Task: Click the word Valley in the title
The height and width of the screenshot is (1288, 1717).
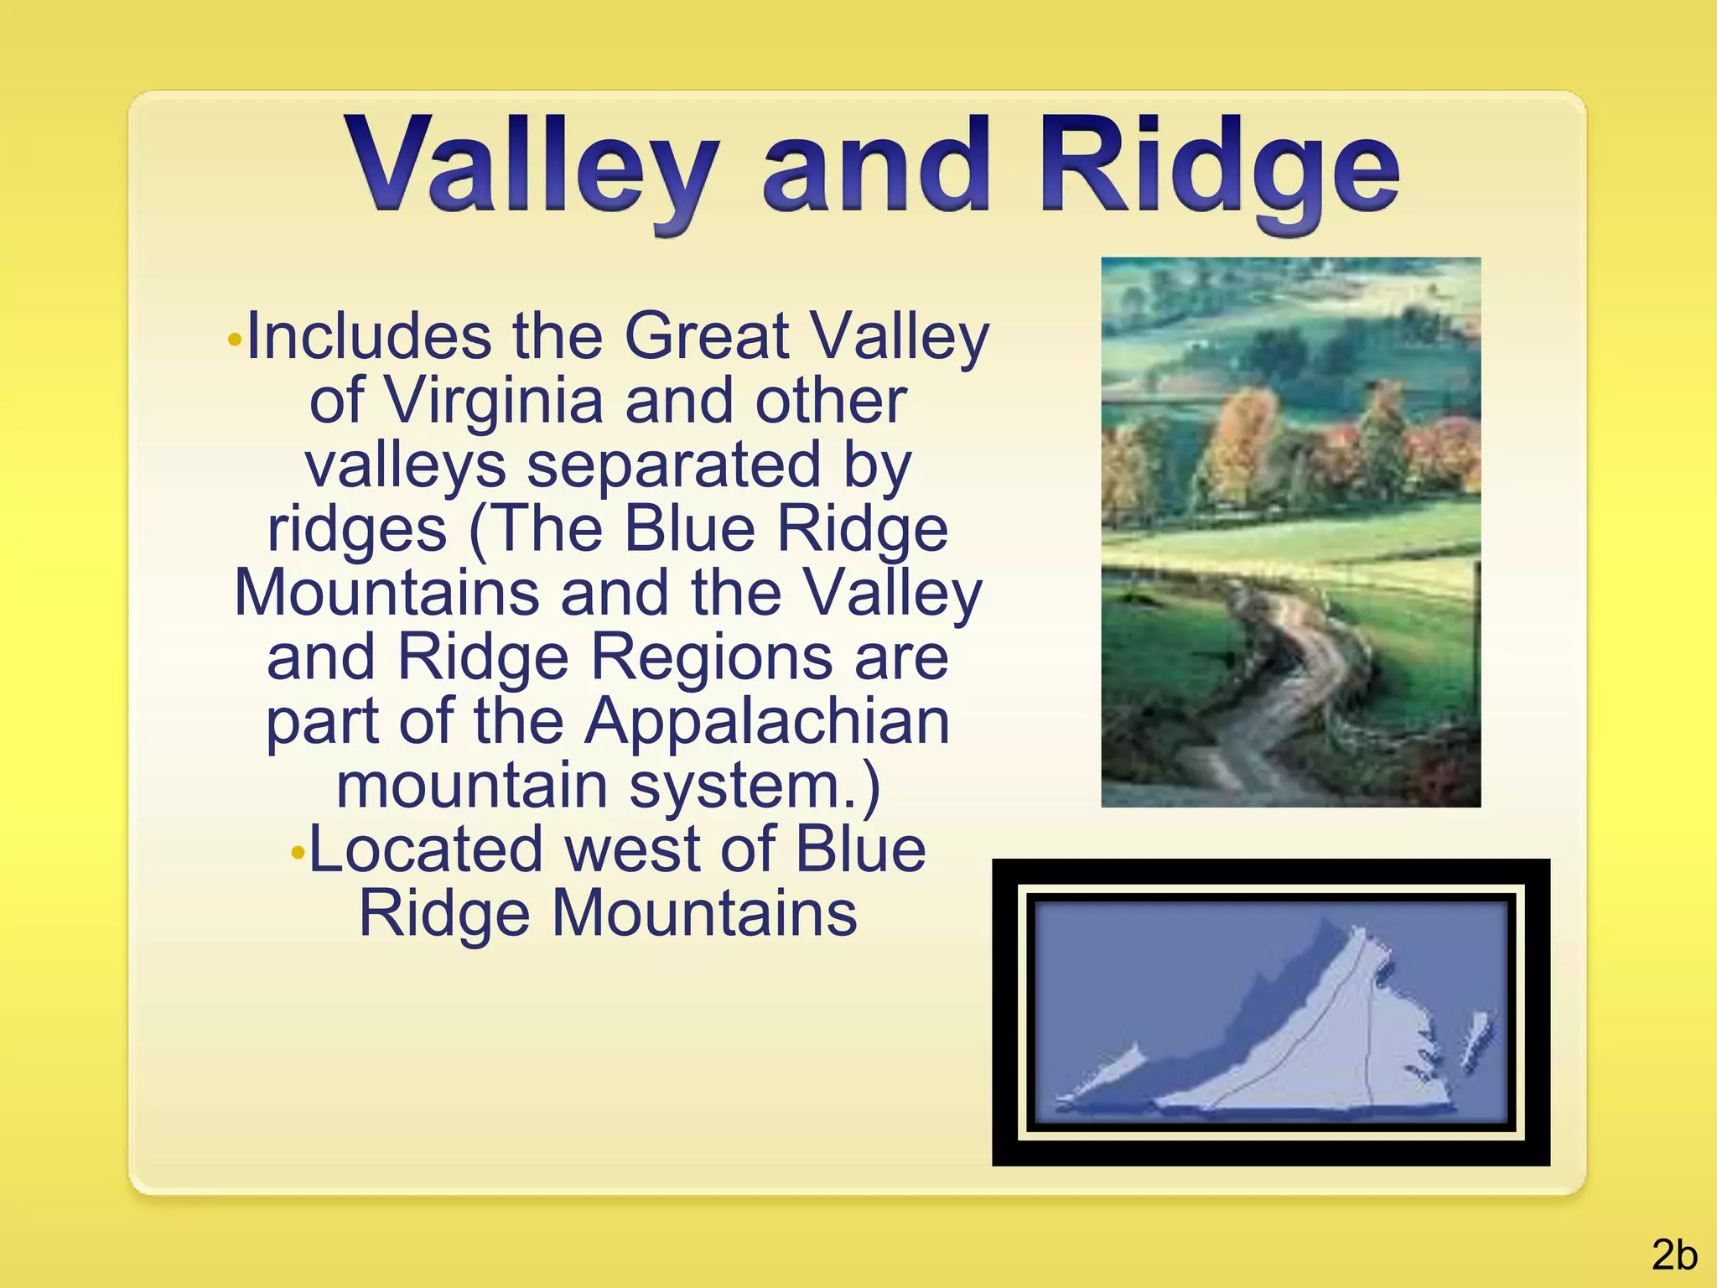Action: (x=533, y=168)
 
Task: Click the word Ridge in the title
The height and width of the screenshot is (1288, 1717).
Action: (x=1219, y=168)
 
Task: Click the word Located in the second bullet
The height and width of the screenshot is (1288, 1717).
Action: (x=426, y=849)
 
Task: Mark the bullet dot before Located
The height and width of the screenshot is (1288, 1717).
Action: (x=298, y=854)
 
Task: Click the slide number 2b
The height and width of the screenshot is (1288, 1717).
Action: (x=1674, y=1255)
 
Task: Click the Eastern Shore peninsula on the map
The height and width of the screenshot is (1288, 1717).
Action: (x=1476, y=1040)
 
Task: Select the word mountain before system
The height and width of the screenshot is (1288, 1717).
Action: (x=471, y=786)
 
